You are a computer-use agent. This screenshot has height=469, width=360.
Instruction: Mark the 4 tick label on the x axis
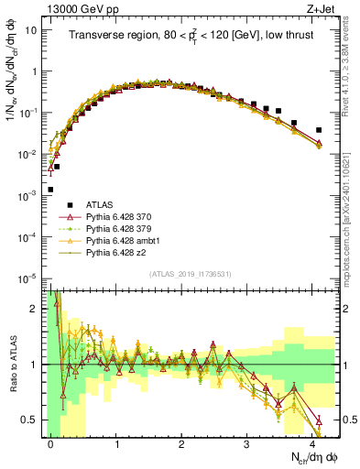[312, 443]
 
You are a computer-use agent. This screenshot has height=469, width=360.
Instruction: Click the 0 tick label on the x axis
[51, 443]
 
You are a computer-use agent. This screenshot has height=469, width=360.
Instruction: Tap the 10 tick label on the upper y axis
[29, 29]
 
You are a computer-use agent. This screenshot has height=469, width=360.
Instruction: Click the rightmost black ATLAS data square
[319, 130]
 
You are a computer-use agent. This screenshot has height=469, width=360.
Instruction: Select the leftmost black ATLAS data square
[49, 190]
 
